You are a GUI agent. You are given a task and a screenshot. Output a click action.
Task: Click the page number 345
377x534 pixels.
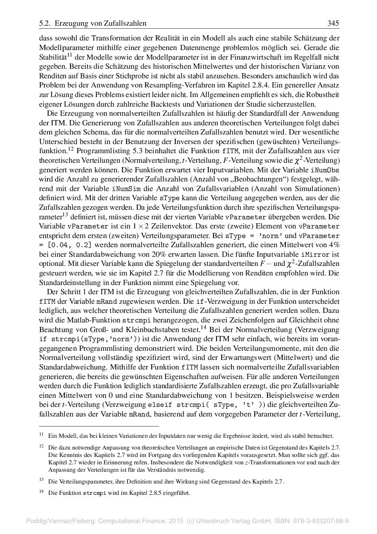(x=333, y=23)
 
